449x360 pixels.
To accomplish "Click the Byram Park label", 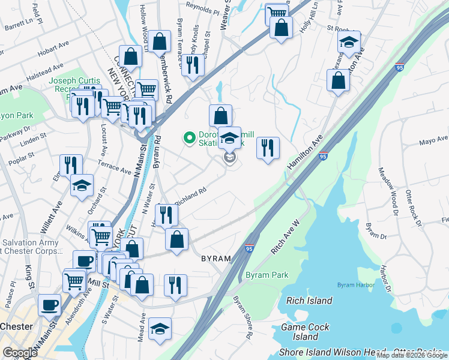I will pos(267,275).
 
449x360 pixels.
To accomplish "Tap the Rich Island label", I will pos(309,301).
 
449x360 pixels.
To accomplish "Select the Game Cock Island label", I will pos(306,332).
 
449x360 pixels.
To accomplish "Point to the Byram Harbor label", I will pos(351,284).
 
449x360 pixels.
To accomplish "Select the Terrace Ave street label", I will pos(115,167).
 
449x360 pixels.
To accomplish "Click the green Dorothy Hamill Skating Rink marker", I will pos(190,139).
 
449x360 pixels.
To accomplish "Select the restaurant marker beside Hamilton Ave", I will pos(268,148).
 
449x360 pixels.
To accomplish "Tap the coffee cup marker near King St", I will pos(49,304).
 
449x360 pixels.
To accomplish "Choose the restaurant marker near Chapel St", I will pos(191,65).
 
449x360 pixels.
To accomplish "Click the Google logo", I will pos(20,353).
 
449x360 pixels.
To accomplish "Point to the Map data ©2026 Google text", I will pos(412,355).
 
